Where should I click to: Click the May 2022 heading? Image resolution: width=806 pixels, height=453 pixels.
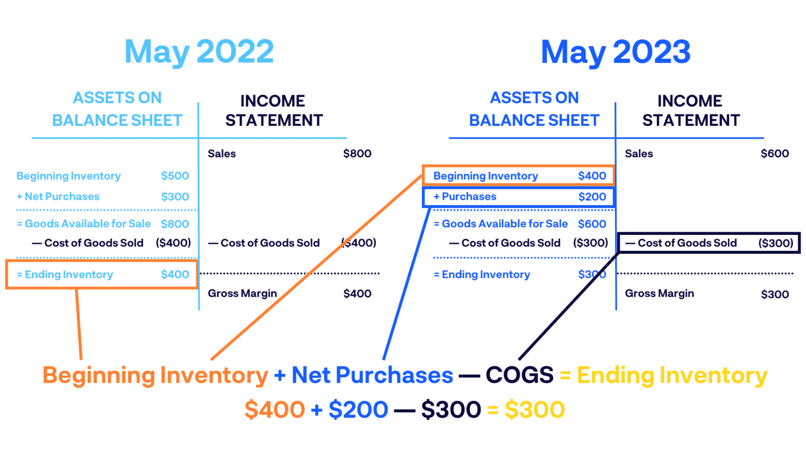pos(199,52)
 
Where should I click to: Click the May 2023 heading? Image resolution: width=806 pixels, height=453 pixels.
pos(616,52)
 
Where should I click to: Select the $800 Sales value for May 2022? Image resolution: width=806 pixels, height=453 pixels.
pos(357,154)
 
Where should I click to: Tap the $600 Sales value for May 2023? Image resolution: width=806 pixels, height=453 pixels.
pos(775,154)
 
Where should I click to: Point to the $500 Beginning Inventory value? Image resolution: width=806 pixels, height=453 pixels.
pos(175,176)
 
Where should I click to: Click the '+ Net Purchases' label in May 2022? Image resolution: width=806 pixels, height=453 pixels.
pos(58,197)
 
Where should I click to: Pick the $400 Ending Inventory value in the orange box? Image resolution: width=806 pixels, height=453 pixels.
pos(175,274)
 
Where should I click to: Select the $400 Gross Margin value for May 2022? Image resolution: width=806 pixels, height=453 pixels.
pos(357,294)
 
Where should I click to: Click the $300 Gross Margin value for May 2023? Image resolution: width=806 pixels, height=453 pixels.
pos(775,294)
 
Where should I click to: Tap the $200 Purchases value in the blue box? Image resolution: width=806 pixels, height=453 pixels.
pos(592,197)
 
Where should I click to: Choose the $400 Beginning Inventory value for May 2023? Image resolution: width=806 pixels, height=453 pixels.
pos(592,176)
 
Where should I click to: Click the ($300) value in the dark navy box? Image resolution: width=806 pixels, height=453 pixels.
pos(776,243)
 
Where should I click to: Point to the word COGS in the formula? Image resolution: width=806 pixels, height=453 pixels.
pos(519,375)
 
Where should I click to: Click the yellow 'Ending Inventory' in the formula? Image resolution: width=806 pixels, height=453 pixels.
pos(672,375)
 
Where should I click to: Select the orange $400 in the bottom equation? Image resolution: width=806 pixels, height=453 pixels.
pos(274,409)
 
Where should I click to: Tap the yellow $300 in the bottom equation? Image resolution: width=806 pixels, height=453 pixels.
pos(534,409)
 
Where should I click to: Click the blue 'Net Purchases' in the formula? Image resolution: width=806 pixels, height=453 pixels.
pos(372,375)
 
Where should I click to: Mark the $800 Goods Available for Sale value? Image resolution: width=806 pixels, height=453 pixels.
pos(175,224)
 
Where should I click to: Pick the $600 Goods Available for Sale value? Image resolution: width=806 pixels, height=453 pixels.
pos(592,224)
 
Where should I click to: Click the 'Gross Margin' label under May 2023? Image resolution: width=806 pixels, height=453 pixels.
pos(659,294)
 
